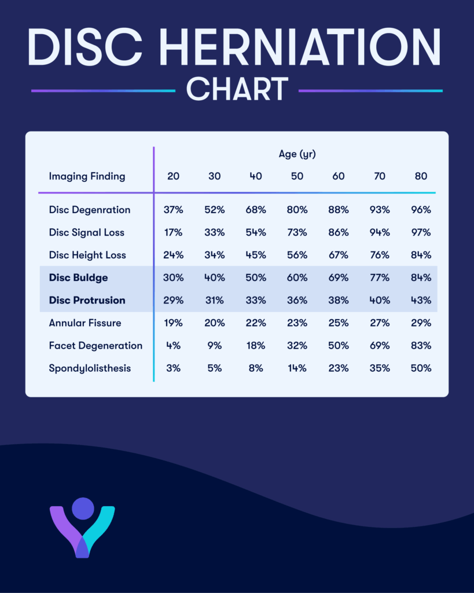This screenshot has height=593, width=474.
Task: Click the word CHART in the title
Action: click(x=237, y=90)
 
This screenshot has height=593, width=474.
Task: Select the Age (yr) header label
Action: click(x=297, y=154)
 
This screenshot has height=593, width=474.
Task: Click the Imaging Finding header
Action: click(x=87, y=176)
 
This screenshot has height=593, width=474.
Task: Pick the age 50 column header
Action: click(x=297, y=176)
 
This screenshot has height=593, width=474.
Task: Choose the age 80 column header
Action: click(x=421, y=176)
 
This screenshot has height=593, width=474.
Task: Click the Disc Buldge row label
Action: click(x=78, y=277)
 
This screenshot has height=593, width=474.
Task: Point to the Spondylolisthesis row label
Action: click(x=89, y=368)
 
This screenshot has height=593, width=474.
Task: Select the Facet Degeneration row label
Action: click(x=95, y=346)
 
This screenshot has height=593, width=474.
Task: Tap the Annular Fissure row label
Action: click(x=85, y=323)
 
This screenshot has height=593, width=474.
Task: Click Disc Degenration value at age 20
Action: click(x=173, y=210)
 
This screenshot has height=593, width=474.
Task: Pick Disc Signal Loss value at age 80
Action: click(x=421, y=232)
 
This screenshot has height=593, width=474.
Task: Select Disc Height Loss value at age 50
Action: click(x=297, y=255)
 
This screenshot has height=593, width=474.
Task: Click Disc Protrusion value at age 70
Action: click(x=380, y=300)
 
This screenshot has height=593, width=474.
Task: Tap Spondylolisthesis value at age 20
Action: click(x=173, y=368)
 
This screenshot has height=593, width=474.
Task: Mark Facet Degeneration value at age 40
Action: click(x=255, y=346)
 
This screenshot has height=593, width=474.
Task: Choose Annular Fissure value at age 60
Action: click(x=339, y=323)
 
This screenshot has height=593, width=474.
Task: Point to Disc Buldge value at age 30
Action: click(x=214, y=277)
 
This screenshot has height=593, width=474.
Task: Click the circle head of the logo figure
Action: click(x=83, y=508)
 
